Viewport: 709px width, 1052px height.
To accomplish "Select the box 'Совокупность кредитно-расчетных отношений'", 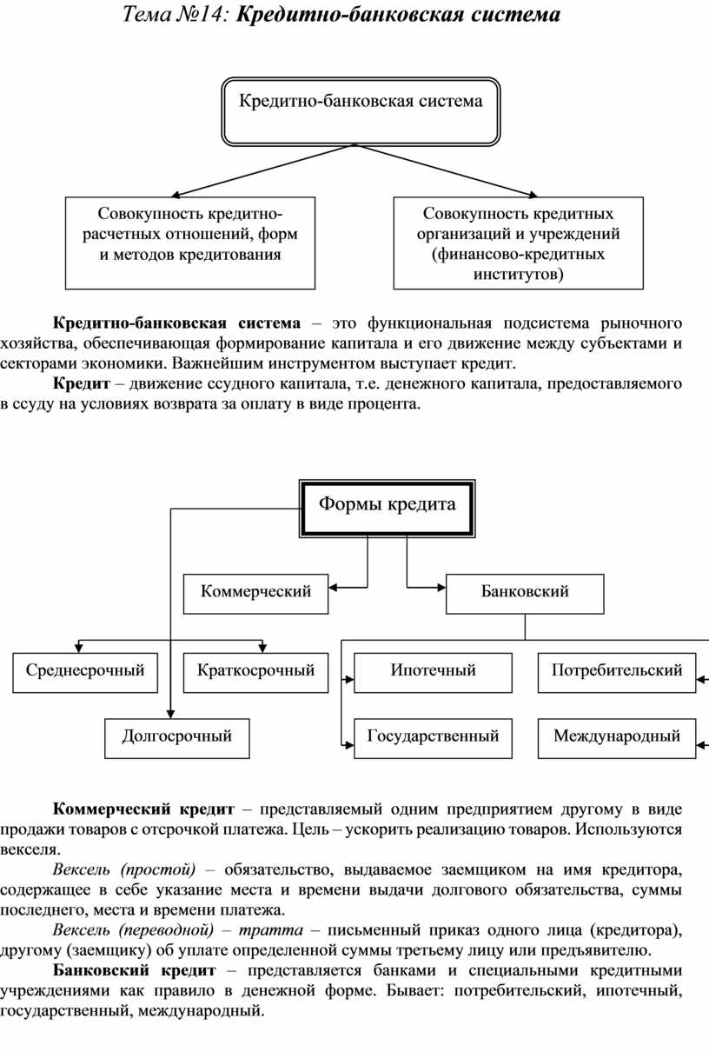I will tap(190, 243).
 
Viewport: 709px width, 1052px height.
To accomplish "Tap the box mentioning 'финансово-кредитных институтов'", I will tap(518, 243).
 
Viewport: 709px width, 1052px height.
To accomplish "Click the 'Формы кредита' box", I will tap(388, 505).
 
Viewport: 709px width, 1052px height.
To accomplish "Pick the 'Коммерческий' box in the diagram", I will tap(256, 592).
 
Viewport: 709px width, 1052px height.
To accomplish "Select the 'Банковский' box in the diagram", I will tap(525, 592).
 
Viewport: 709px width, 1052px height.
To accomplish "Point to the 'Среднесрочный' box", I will tap(85, 671).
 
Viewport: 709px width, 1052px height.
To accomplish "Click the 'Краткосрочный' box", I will tap(256, 671).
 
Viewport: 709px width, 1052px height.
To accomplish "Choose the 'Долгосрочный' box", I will tap(177, 736).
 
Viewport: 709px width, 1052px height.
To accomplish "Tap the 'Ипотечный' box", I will tap(433, 671).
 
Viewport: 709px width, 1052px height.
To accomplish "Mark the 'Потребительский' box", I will tap(616, 671).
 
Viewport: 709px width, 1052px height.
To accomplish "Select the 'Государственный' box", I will tap(433, 736).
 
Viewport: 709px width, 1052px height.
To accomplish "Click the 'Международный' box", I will tap(616, 736).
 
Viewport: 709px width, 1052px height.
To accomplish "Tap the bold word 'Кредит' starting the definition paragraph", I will tap(81, 383).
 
